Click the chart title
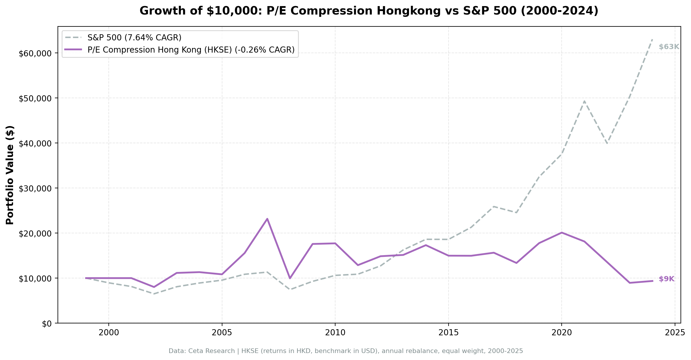click(369, 11)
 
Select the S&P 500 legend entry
click(134, 37)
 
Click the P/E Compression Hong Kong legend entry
click(191, 50)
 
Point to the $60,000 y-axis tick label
click(35, 53)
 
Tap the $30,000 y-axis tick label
click(35, 189)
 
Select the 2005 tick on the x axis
click(222, 333)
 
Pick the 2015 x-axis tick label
click(448, 333)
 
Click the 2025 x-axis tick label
click(674, 333)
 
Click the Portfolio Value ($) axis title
click(10, 175)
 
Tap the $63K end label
click(669, 47)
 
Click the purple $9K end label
click(666, 279)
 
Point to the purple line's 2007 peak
click(267, 218)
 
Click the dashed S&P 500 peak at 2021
click(584, 101)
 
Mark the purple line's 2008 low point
click(290, 278)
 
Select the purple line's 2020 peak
click(561, 232)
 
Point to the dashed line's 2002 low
click(154, 294)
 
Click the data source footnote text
click(345, 351)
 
